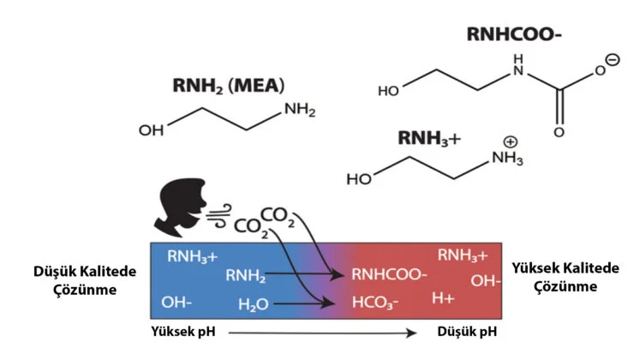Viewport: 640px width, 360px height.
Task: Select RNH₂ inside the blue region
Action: tap(246, 275)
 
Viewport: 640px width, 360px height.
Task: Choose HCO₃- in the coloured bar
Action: tap(374, 303)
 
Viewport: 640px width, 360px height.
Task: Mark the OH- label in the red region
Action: tap(485, 280)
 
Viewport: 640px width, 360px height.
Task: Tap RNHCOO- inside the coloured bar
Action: tap(389, 275)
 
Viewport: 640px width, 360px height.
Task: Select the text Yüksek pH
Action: tap(179, 331)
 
